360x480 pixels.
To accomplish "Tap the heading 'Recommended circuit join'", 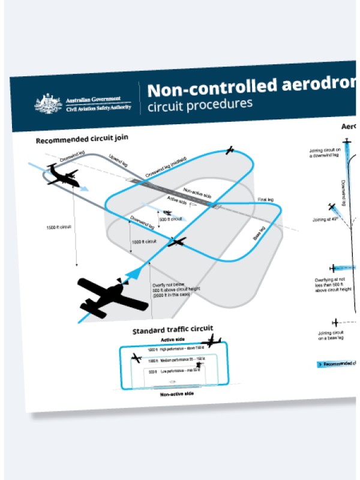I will click(x=82, y=140).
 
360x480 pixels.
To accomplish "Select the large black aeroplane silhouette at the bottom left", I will click(x=113, y=295).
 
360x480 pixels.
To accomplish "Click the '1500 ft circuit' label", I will click(x=59, y=227).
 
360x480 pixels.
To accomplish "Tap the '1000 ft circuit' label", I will click(x=143, y=241).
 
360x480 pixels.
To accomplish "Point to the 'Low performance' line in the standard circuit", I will click(x=175, y=371).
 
